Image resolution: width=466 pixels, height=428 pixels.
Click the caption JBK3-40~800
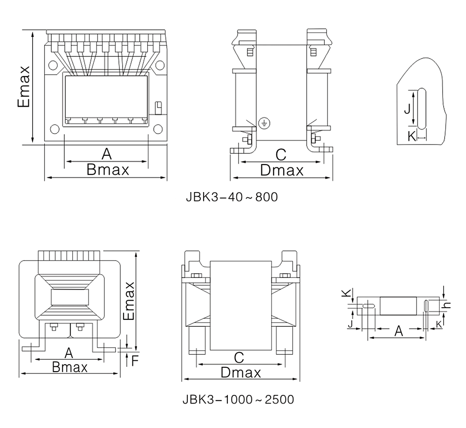click(x=232, y=197)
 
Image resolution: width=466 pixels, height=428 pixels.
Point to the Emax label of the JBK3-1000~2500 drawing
click(x=128, y=301)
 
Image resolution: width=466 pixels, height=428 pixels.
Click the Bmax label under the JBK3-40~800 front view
click(x=108, y=170)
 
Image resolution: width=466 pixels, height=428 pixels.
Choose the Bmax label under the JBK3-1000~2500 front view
click(x=70, y=367)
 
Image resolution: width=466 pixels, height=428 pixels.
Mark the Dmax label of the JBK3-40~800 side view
click(x=281, y=170)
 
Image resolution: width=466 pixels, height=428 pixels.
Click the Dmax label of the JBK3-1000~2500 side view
click(x=240, y=373)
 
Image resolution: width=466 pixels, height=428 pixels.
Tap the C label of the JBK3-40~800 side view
click(x=281, y=154)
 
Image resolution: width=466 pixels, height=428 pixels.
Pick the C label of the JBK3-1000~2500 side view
click(x=239, y=357)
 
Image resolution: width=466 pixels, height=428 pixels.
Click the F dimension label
click(x=135, y=360)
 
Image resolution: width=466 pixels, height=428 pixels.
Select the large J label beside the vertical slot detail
click(x=407, y=109)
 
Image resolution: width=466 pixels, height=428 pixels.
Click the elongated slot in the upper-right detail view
click(x=421, y=109)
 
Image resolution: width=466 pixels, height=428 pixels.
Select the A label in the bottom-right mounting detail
click(x=399, y=331)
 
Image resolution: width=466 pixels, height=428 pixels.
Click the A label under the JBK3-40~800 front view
click(x=107, y=153)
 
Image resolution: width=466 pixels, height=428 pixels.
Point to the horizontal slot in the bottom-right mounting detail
click(x=369, y=306)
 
